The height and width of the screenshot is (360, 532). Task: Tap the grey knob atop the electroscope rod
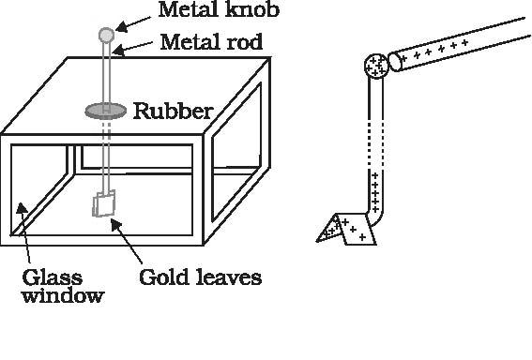(106, 35)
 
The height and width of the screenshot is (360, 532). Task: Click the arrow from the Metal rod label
(134, 45)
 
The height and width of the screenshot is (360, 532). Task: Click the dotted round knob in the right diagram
(377, 66)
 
